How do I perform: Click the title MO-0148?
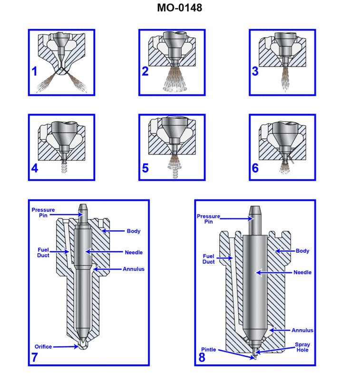coord(179,8)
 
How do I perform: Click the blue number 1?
coord(35,71)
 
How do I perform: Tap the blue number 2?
coord(145,71)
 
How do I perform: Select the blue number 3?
coord(255,71)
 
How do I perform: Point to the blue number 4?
coord(35,168)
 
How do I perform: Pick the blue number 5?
coord(145,168)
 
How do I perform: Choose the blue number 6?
coord(255,168)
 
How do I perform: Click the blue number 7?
coord(35,358)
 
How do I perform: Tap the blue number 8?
coord(202,358)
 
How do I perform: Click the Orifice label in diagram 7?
coord(43,347)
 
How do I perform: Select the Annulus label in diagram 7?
coord(134,269)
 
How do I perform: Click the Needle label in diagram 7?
coord(134,252)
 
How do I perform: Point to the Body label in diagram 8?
coord(302,251)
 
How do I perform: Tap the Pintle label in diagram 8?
coord(208,350)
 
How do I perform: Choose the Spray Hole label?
coord(302,347)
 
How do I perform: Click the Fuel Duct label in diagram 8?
coord(209,259)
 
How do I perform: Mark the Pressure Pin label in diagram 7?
coord(43,212)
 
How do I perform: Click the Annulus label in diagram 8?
coord(302,330)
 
